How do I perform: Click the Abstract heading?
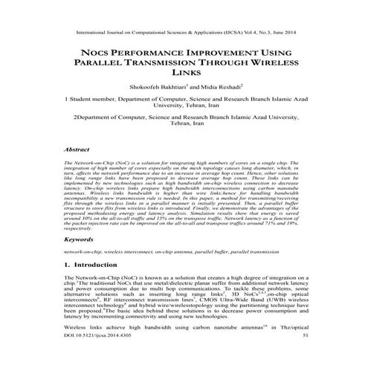[80, 149]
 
